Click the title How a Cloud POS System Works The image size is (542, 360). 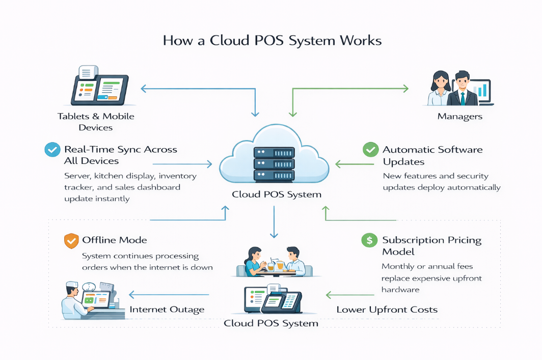tap(272, 41)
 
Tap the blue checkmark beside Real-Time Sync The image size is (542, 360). tap(52, 150)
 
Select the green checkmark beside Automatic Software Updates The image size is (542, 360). tap(370, 150)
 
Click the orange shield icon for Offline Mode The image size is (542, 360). tap(71, 240)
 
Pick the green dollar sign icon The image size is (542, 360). tap(369, 240)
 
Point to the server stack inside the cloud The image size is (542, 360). tap(274, 163)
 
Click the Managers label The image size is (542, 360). tap(459, 117)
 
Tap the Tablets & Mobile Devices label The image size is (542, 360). tap(96, 122)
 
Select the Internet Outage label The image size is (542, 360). tap(167, 310)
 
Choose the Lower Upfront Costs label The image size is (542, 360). tap(387, 310)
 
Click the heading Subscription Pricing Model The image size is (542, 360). tap(431, 245)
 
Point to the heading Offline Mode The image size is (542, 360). tap(114, 240)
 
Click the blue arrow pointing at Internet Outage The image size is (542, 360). tap(168, 294)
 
